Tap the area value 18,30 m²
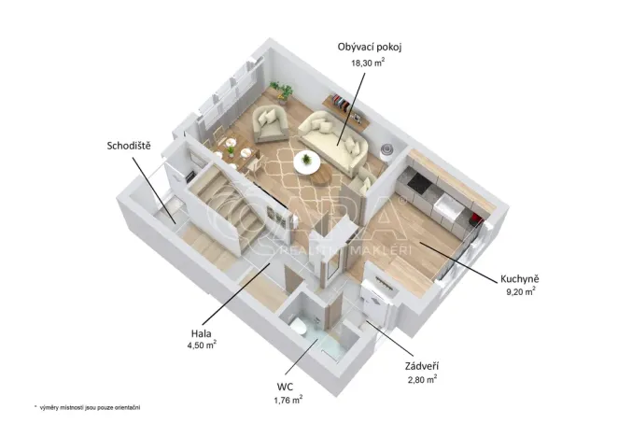click(367, 63)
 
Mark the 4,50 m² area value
click(202, 345)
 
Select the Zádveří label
click(423, 366)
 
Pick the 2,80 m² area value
click(423, 380)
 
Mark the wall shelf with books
click(340, 101)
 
